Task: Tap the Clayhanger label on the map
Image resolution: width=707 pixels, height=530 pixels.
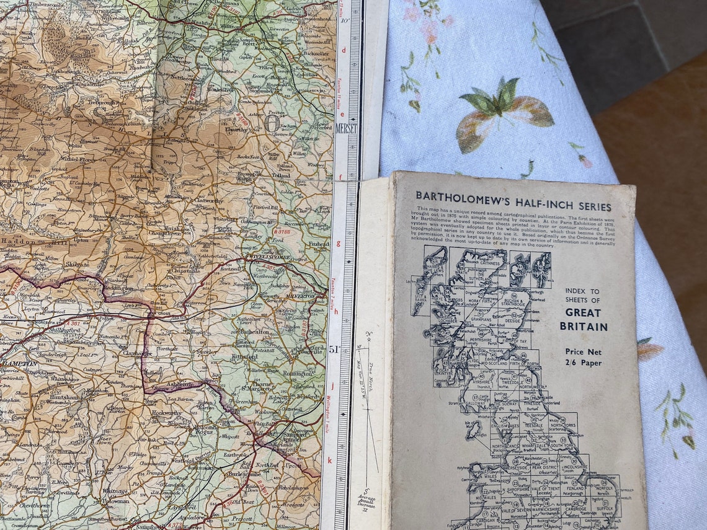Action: [x=137, y=353]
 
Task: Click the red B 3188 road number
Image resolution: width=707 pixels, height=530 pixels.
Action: [x=282, y=232]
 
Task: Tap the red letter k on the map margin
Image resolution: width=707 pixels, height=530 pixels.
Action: [x=330, y=460]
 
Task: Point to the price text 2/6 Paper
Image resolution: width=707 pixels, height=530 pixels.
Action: [x=582, y=363]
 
